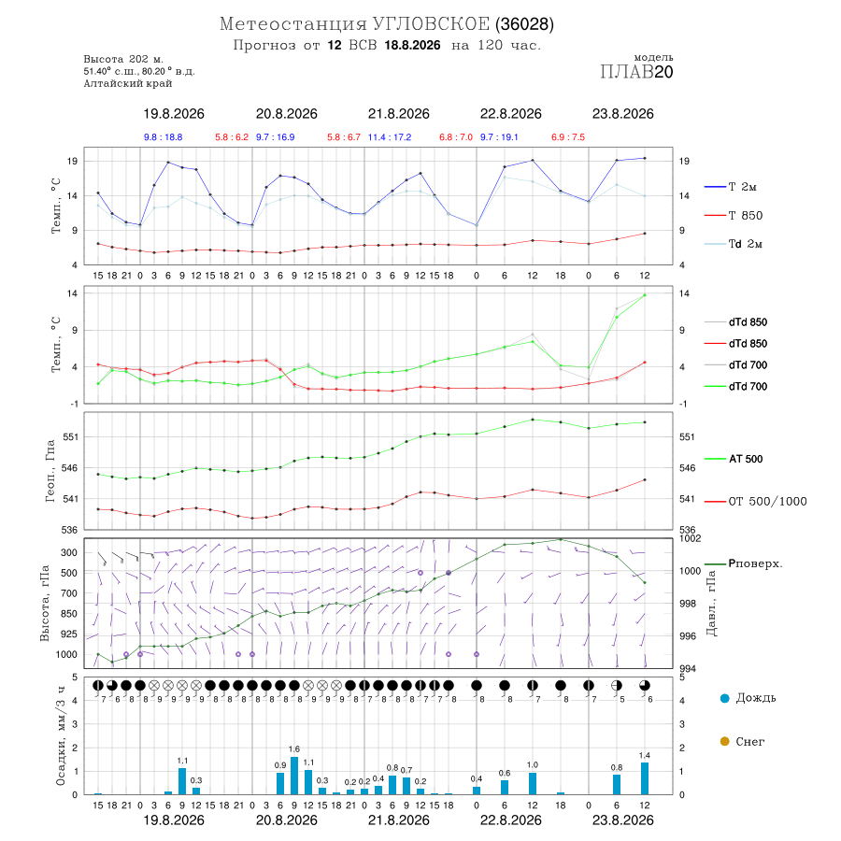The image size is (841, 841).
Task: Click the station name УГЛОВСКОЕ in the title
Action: [431, 24]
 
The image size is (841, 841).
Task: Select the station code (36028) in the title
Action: [524, 24]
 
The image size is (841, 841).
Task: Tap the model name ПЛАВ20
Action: [636, 71]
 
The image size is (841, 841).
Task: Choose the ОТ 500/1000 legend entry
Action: [756, 501]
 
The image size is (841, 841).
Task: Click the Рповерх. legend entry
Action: [744, 563]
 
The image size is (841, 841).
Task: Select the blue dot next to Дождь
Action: [724, 698]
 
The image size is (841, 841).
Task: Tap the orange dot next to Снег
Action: [724, 741]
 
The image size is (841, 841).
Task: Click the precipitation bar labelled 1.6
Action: [294, 776]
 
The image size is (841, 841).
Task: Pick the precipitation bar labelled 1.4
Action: [645, 778]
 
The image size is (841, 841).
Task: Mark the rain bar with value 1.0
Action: [533, 783]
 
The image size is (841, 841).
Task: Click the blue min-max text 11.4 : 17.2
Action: [390, 137]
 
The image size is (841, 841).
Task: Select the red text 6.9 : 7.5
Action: [568, 137]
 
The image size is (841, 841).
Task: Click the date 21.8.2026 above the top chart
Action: [398, 114]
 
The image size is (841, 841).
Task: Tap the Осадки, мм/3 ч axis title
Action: [61, 736]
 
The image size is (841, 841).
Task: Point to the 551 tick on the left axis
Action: [71, 436]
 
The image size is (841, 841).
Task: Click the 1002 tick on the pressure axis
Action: [690, 538]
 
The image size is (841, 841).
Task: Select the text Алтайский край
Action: [128, 83]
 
